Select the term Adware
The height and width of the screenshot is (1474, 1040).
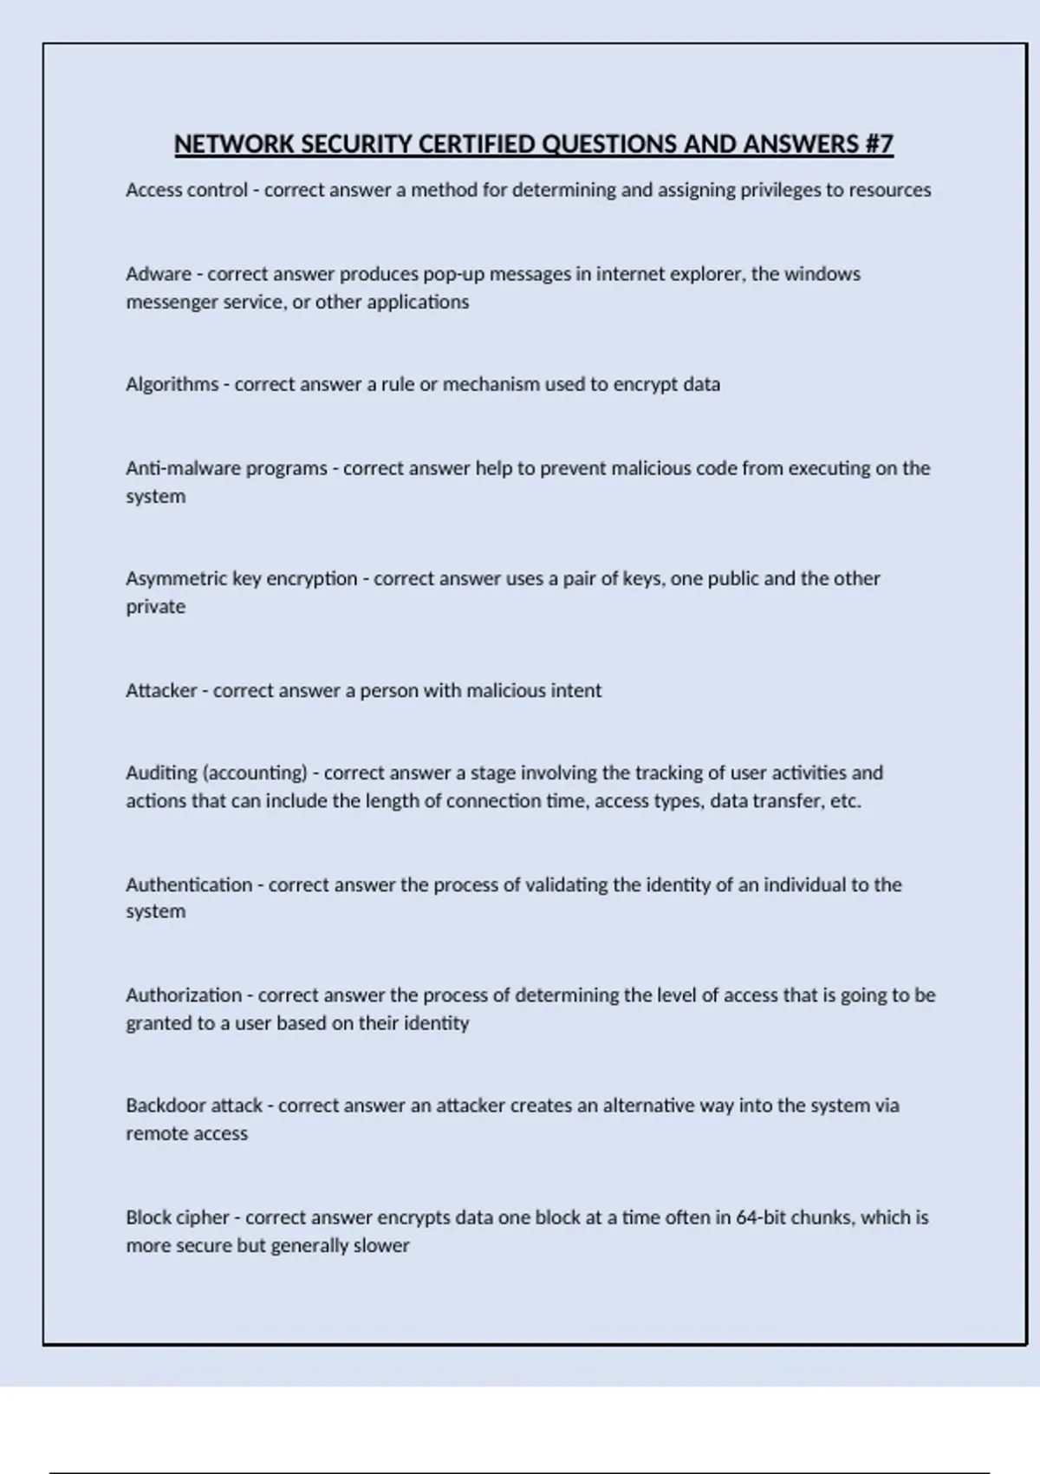[x=159, y=274]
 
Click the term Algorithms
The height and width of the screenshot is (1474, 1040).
[x=172, y=384]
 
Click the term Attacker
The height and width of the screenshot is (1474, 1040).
[x=161, y=690]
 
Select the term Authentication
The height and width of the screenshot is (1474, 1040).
[x=189, y=884]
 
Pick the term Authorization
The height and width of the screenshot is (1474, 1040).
[x=184, y=995]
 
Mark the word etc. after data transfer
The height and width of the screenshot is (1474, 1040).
[x=845, y=800]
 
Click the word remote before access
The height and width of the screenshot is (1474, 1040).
[x=155, y=1133]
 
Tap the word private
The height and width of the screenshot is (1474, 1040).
[x=155, y=606]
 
